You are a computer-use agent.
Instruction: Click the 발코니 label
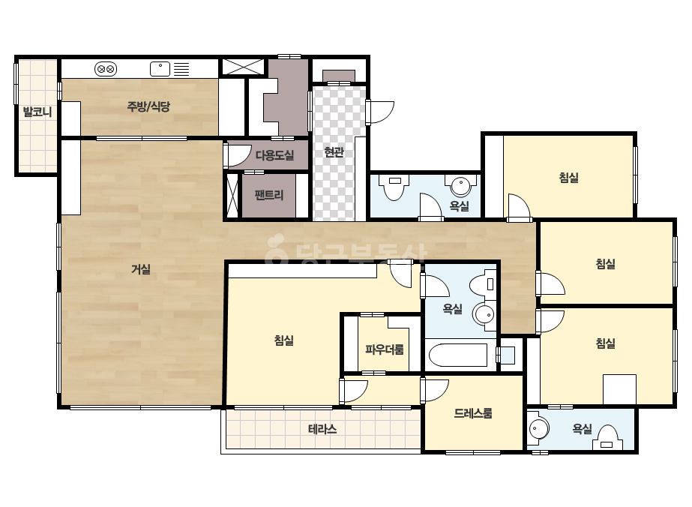coord(37,112)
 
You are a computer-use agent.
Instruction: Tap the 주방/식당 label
coord(148,106)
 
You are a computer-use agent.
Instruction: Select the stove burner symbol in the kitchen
coord(106,69)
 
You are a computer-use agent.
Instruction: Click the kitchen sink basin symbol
coord(160,69)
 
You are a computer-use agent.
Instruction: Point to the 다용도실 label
coord(274,155)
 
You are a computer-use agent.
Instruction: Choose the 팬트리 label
coord(268,195)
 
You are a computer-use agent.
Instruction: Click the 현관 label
coord(334,152)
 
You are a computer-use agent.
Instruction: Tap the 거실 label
coord(141,269)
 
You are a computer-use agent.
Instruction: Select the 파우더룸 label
coord(384,349)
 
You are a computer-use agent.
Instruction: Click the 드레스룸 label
coord(472,413)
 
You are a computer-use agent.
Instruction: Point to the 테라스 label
coord(322,429)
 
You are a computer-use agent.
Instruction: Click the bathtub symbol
coord(457,355)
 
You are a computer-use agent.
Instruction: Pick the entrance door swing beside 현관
coord(380,112)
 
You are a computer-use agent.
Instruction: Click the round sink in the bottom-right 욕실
coord(538,428)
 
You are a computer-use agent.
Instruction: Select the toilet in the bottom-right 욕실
coord(609,438)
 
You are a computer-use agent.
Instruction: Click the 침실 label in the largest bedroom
coord(284,340)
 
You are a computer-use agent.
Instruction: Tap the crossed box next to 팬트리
coord(232,195)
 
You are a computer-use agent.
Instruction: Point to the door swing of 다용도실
coord(238,155)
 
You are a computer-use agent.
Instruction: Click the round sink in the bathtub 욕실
coord(484,315)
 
